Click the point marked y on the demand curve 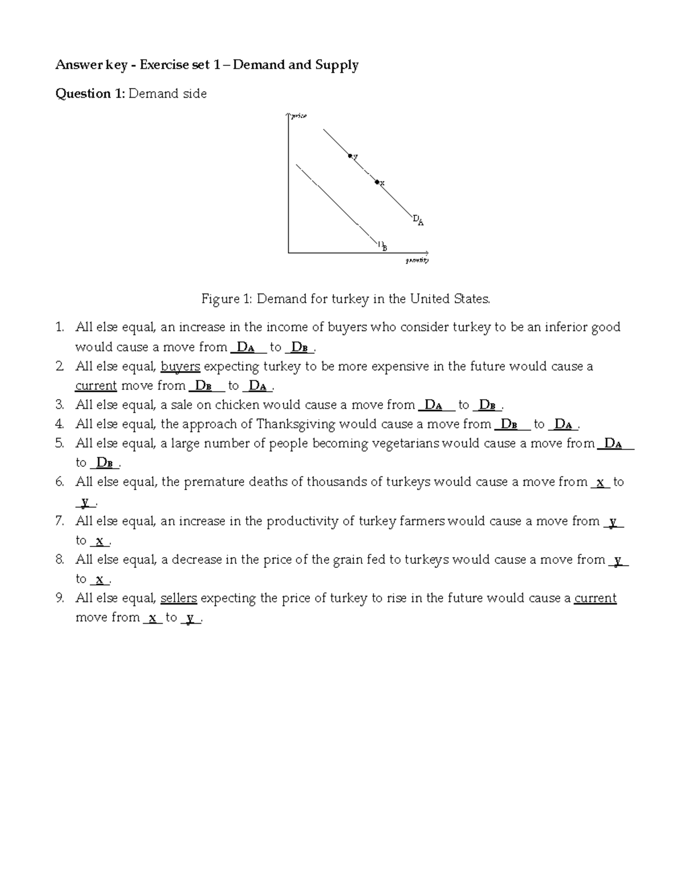350,156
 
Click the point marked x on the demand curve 376,182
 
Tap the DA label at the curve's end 418,220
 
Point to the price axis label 298,116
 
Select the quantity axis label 417,261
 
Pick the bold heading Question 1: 89,94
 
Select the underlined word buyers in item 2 180,366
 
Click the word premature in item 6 211,482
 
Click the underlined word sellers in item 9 178,599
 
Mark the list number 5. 60,444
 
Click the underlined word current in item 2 96,386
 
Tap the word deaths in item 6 266,482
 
